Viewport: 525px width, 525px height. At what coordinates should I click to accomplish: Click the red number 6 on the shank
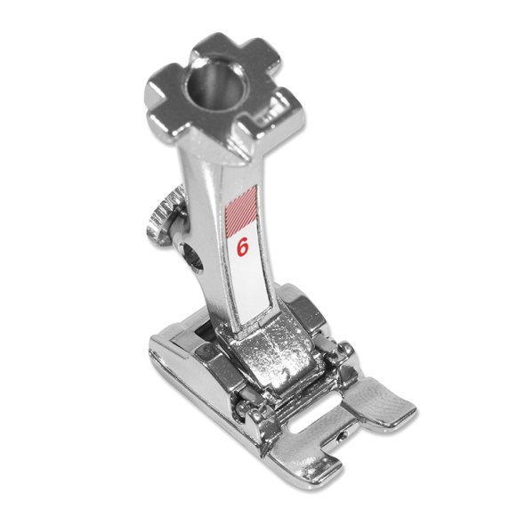coord(243,246)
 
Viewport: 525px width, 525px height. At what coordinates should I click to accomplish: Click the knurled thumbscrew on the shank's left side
coord(163,218)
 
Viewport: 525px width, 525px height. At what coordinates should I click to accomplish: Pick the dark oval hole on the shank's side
coord(190,256)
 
